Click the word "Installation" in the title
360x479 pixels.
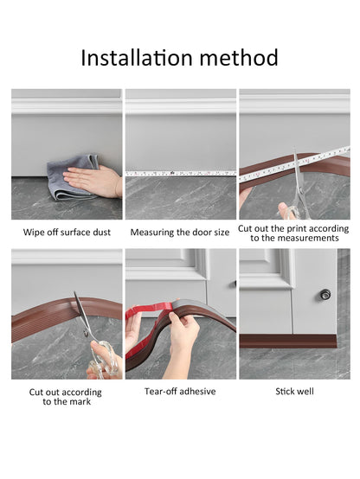pyautogui.click(x=137, y=57)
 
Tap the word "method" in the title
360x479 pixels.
pyautogui.click(x=239, y=57)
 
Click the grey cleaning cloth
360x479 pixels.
pyautogui.click(x=74, y=177)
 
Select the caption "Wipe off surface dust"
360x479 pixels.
pyautogui.click(x=67, y=233)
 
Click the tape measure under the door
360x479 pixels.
pyautogui.click(x=181, y=174)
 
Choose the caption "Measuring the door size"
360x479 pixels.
pyautogui.click(x=180, y=233)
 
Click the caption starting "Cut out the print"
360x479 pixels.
pyautogui.click(x=293, y=233)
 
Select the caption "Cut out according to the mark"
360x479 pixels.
pyautogui.click(x=66, y=397)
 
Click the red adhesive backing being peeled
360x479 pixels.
pyautogui.click(x=147, y=324)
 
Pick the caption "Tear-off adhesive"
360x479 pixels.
pyautogui.click(x=180, y=392)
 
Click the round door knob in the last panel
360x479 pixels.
pyautogui.click(x=325, y=295)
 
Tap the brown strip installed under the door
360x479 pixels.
pyautogui.click(x=288, y=342)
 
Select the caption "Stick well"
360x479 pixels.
pyautogui.click(x=294, y=392)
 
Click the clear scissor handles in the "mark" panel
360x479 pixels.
pyautogui.click(x=104, y=361)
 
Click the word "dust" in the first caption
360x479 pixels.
pyautogui.click(x=101, y=233)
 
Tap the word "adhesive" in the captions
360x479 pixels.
pyautogui.click(x=197, y=392)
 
